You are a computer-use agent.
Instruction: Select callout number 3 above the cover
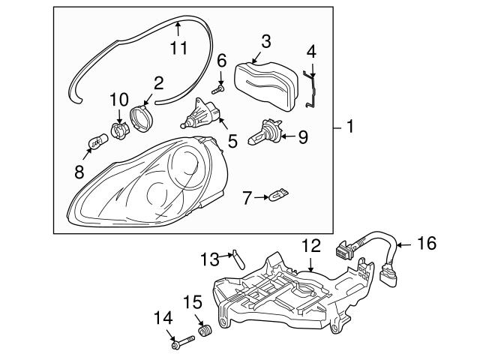coord(266,40)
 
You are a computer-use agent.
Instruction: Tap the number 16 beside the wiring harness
coord(426,242)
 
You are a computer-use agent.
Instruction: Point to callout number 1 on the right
coord(349,128)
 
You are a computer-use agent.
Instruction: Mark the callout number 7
coord(248,198)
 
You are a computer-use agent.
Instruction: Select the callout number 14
coord(162,318)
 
